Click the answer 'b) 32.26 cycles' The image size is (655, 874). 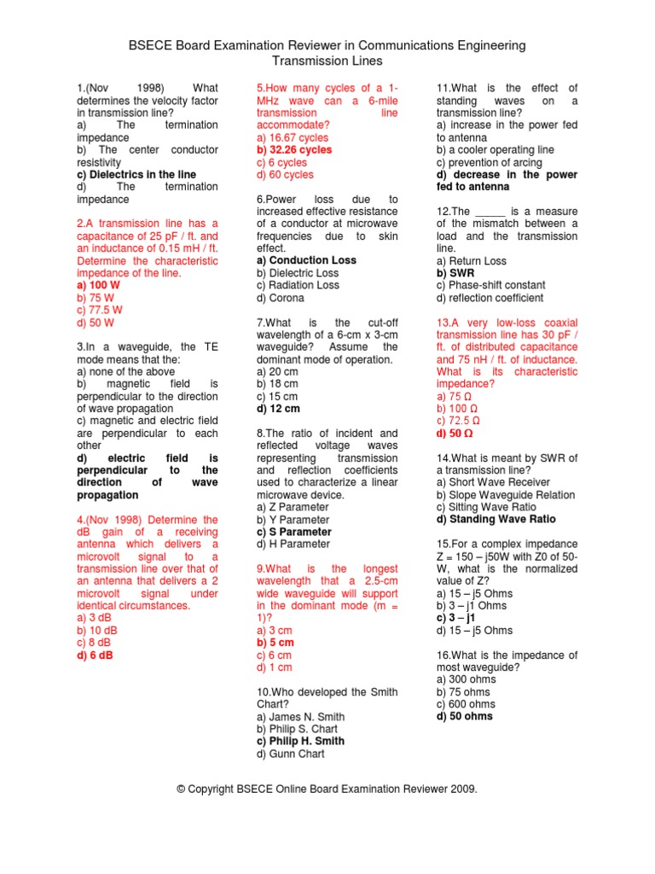pos(294,149)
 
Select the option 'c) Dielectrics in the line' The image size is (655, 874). pos(136,174)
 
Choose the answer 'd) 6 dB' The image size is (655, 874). pos(96,655)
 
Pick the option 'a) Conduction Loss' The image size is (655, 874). pos(306,260)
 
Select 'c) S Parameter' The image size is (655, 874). pos(294,532)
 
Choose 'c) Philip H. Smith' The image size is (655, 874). pos(300,741)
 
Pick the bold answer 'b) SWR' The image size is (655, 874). pos(454,273)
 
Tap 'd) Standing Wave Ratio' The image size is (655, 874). pos(496,519)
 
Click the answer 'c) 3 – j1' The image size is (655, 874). pos(456,618)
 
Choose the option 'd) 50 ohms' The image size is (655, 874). pos(464,717)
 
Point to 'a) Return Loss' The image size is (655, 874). pos(471,261)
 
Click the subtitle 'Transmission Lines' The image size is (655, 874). pos(327,61)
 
